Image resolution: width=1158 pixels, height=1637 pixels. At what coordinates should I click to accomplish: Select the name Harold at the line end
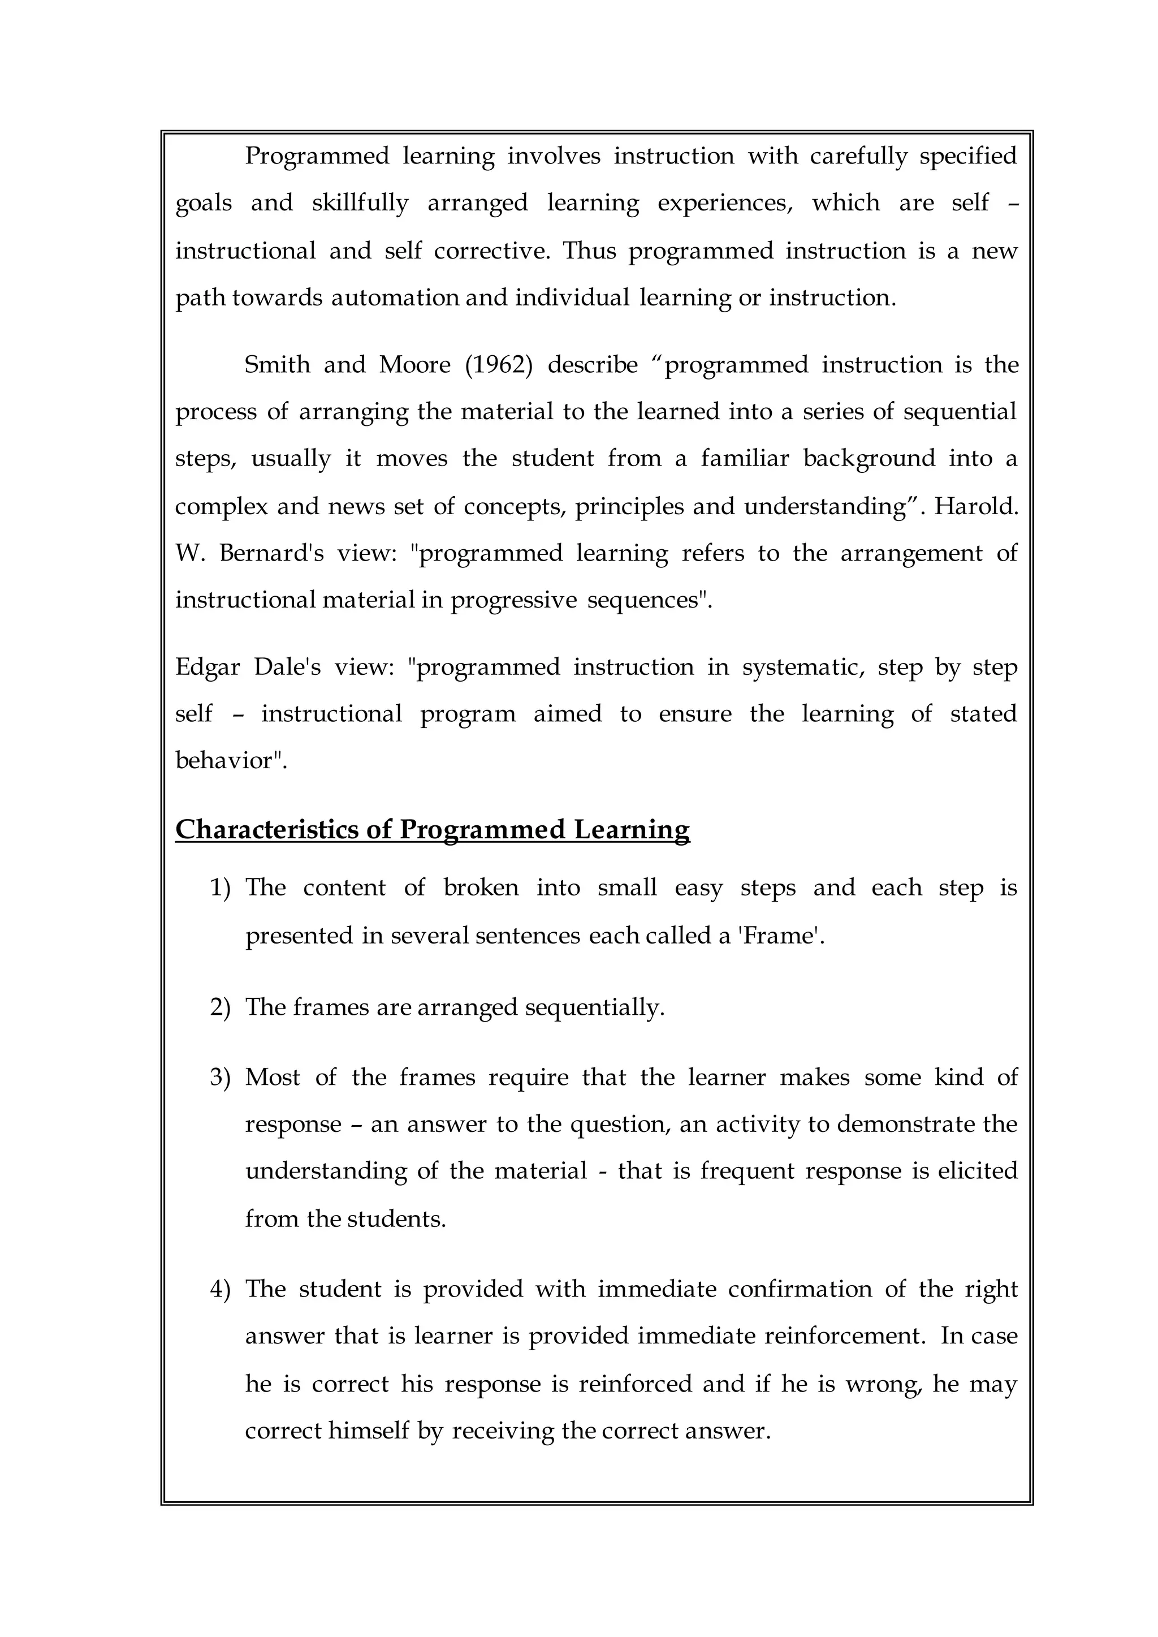point(975,506)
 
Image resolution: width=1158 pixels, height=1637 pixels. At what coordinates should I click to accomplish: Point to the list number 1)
point(221,888)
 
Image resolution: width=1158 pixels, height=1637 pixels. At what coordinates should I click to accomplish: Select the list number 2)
point(221,1007)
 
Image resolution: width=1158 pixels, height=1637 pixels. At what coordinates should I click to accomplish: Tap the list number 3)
point(221,1077)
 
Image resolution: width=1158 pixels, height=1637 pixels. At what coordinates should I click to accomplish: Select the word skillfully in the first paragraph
point(360,203)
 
